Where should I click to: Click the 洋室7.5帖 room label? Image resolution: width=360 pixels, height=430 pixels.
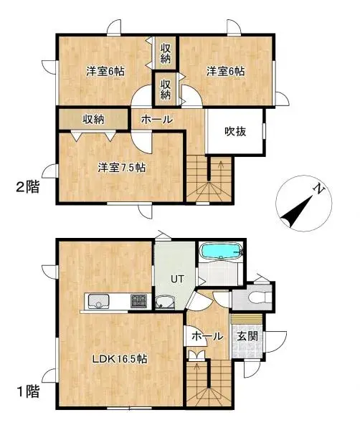[x=123, y=168]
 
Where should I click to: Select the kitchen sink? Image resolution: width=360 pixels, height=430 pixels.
[x=98, y=302]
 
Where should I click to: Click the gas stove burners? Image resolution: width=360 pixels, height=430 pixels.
[x=138, y=302]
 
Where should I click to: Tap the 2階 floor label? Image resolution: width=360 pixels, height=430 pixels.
[x=27, y=188]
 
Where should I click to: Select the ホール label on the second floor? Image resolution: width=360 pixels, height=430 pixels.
[x=156, y=120]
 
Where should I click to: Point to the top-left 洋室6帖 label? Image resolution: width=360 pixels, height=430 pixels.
[x=105, y=72]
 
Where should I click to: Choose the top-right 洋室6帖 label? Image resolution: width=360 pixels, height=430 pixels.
[x=226, y=72]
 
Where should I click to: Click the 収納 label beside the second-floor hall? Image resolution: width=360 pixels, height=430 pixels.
[x=93, y=119]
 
